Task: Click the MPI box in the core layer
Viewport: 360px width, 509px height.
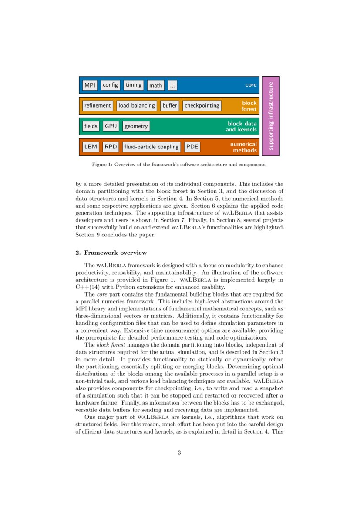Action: click(x=90, y=85)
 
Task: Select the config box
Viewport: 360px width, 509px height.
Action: click(x=111, y=85)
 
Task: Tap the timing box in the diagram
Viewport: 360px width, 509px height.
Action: click(x=134, y=85)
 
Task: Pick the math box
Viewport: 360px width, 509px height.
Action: click(x=155, y=85)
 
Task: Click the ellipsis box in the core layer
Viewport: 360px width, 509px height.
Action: click(x=172, y=85)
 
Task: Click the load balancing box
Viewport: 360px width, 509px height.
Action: click(x=137, y=105)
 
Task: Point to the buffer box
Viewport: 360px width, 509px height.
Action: click(x=170, y=105)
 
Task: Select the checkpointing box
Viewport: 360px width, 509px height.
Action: click(x=202, y=105)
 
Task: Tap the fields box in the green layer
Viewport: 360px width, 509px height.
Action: click(x=91, y=126)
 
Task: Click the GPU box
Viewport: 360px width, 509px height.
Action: click(x=111, y=126)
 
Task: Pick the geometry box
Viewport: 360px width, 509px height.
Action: click(x=136, y=126)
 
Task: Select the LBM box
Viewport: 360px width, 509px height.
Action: click(x=91, y=147)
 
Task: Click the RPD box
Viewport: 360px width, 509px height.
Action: click(x=111, y=147)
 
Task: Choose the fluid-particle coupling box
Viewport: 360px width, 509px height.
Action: click(x=151, y=147)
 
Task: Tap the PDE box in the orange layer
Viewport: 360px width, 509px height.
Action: click(x=192, y=147)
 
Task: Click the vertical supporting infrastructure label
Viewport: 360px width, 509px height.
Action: click(x=271, y=116)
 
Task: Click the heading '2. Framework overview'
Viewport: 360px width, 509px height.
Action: click(x=111, y=253)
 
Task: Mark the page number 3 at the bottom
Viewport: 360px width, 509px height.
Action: click(x=179, y=452)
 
